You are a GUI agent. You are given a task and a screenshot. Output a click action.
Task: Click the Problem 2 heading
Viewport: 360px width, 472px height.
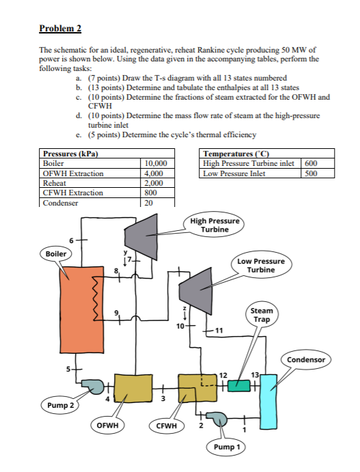pos(60,28)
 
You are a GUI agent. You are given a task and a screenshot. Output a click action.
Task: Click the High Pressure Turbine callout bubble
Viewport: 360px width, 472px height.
pos(214,226)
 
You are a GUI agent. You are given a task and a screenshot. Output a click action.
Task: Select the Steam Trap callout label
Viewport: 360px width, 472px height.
pos(261,316)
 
